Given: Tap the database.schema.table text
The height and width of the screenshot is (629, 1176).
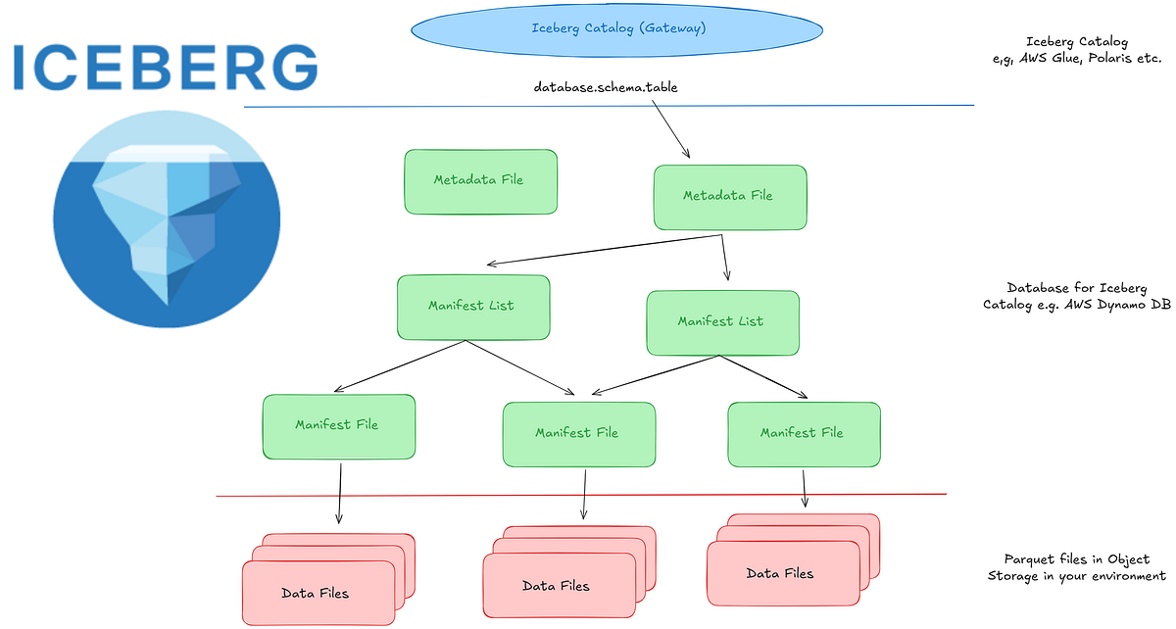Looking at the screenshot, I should [x=605, y=87].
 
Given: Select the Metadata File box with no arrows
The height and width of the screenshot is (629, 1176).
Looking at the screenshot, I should [x=480, y=180].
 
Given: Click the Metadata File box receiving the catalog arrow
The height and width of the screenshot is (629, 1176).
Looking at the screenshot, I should [x=729, y=196].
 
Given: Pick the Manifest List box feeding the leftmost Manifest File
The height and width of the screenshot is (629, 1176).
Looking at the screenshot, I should [x=472, y=307].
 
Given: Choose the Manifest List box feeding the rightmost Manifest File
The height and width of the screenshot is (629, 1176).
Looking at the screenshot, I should [x=721, y=321].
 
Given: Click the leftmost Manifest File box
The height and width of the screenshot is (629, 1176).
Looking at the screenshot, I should [x=338, y=425].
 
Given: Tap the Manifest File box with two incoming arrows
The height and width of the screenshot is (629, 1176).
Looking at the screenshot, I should [x=577, y=432].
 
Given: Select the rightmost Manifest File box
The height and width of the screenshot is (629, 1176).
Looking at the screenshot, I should [x=803, y=432].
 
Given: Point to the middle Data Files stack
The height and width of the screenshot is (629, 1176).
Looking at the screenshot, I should [x=556, y=585].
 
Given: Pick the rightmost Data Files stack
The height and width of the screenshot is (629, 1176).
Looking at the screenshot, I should [x=780, y=573].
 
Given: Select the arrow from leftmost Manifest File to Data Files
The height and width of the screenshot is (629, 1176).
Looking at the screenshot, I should [x=340, y=492].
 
